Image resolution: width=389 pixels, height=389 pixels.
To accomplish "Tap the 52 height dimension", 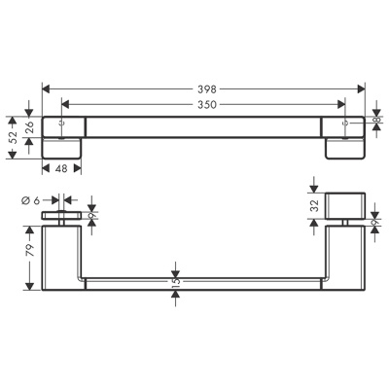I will pos(12,137).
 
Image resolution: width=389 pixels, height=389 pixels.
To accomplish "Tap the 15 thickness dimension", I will pos(175,283).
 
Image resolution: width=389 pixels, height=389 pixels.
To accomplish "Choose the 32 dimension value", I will pos(315,205).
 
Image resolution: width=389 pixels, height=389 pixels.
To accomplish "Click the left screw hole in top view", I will pos(61,124).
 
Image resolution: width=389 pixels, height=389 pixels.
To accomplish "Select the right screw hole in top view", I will pos(348,124).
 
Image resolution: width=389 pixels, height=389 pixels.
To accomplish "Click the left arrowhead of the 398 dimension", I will pos(46,88).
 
